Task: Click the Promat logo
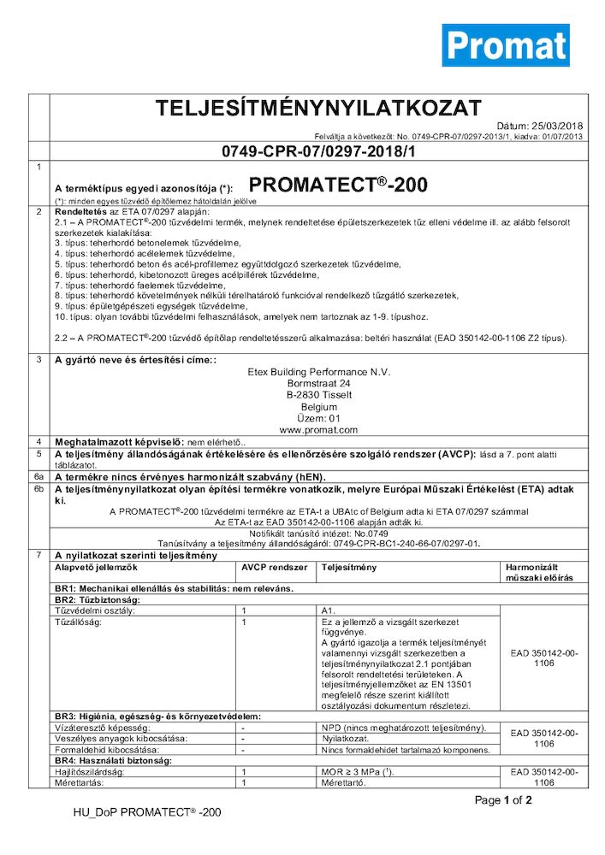tap(505, 44)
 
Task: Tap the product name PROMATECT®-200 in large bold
tap(338, 185)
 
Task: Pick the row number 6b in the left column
tap(38, 488)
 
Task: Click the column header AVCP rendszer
tap(271, 567)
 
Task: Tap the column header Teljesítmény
tap(349, 567)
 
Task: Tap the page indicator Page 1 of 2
tap(503, 800)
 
